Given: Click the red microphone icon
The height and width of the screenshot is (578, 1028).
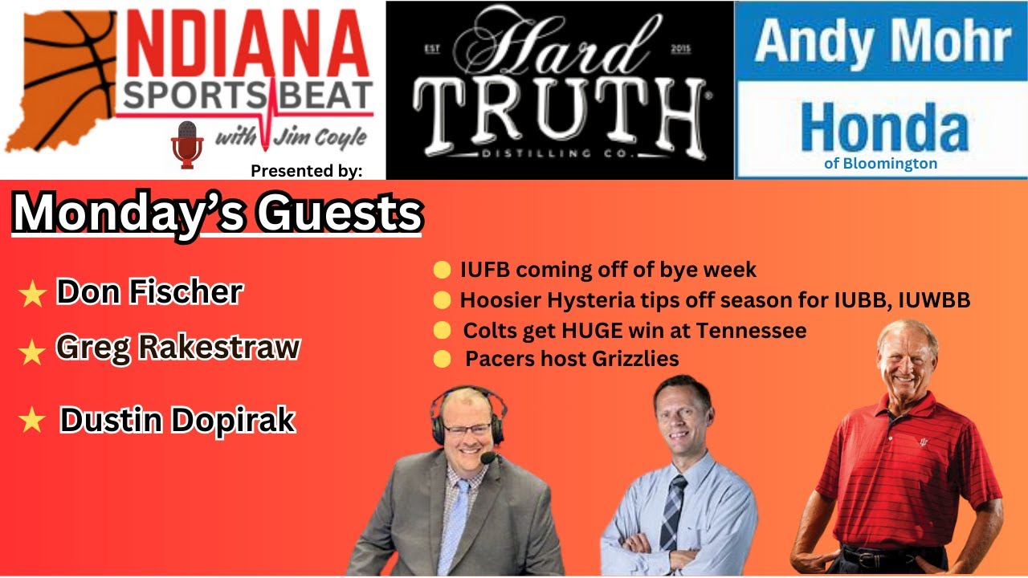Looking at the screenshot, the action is point(187,145).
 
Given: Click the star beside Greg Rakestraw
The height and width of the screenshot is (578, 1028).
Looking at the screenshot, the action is point(32,352).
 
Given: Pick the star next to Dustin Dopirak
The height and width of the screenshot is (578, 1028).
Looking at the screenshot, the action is point(32,420).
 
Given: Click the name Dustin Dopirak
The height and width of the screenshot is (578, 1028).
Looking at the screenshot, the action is point(177,420).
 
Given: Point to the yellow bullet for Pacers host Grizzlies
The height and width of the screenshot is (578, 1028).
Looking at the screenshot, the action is point(442,359).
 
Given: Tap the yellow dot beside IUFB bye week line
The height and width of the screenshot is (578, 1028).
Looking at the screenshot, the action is point(442,270).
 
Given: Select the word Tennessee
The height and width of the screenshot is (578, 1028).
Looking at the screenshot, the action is point(751,331).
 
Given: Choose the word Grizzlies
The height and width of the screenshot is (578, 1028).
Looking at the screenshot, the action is point(635,359).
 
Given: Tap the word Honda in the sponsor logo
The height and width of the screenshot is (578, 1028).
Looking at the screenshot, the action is point(884,128).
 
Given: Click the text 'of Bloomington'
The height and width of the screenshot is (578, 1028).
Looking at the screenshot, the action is point(881,163).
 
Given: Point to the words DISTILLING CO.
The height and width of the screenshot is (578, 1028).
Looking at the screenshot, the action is point(558,153).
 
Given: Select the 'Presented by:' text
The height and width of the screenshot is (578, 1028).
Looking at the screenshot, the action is point(307,171).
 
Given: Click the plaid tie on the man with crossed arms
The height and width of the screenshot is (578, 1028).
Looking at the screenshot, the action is point(672,513).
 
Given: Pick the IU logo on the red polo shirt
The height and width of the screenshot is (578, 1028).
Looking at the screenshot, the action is point(923,442).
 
